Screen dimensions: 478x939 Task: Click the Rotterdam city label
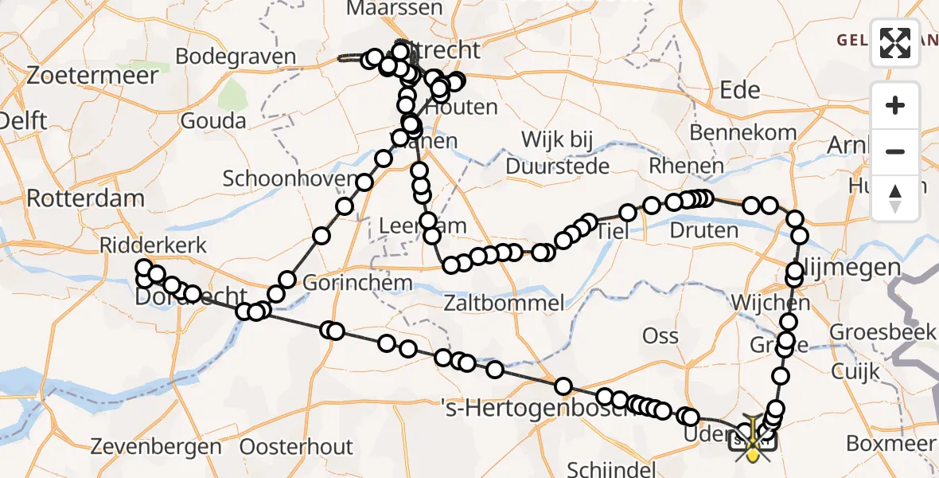pos(86,198)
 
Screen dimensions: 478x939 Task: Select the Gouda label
pos(213,121)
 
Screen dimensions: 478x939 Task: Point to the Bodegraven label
pos(236,57)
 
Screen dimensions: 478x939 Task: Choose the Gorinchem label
pos(346,283)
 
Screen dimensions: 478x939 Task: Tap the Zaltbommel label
pos(505,303)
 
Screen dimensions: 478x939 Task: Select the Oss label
pos(660,335)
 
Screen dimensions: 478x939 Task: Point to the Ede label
pos(739,90)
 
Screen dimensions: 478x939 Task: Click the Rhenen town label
pos(687,167)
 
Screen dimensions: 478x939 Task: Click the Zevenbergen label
pos(157,446)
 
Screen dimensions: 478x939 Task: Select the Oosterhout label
pos(295,446)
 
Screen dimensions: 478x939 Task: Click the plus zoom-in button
pos(895,105)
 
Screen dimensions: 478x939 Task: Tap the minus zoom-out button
pos(895,151)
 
